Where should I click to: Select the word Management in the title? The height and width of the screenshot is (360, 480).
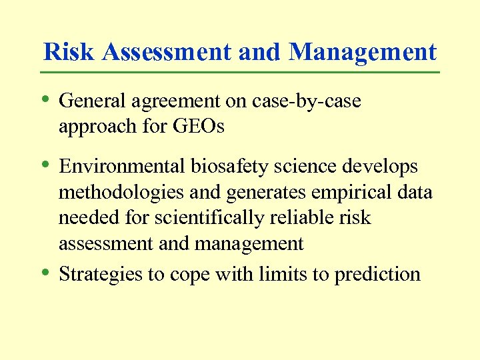point(363,52)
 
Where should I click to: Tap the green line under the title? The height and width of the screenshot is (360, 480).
point(240,72)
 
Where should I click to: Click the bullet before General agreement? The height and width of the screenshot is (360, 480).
point(47,100)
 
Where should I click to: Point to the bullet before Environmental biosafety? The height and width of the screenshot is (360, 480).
point(47,165)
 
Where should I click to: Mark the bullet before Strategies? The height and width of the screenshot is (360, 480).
point(47,272)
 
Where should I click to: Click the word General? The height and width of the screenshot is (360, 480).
point(93,101)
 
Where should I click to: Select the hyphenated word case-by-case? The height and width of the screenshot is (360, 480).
point(307,101)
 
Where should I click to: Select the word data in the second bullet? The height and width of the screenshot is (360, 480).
point(416,193)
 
